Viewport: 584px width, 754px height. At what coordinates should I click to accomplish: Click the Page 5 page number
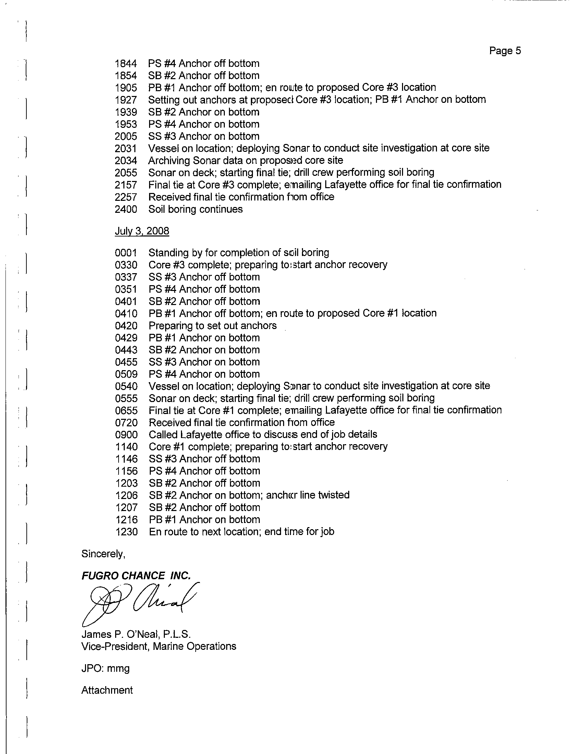pos(504,51)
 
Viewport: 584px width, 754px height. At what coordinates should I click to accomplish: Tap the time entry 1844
pos(126,63)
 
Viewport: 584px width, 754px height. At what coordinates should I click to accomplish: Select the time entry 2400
pos(126,209)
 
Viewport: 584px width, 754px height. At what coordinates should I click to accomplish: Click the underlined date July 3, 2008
pos(142,231)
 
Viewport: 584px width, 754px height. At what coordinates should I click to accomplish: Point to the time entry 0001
pos(126,253)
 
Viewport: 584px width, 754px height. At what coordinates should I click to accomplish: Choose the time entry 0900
pos(126,435)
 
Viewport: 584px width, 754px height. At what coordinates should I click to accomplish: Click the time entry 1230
pos(126,532)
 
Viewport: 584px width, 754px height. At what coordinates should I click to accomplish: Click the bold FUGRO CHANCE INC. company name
pos(136,575)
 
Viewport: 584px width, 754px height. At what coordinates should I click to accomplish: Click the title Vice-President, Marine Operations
pos(158,646)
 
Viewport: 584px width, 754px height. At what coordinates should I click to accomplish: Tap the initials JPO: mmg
pos(105,668)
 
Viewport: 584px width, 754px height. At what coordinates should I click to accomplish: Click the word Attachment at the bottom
pos(107,690)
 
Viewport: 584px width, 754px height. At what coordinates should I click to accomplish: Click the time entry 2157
pos(126,185)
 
